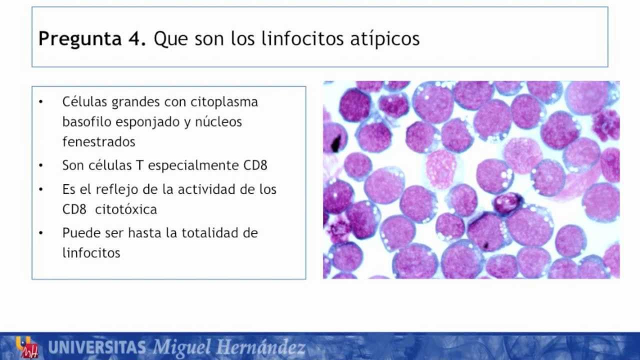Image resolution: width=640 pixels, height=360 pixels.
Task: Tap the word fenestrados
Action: [98, 141]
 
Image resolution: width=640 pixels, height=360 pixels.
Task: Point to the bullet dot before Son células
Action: [41, 165]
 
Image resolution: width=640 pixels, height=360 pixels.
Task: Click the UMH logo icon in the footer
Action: [27, 346]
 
